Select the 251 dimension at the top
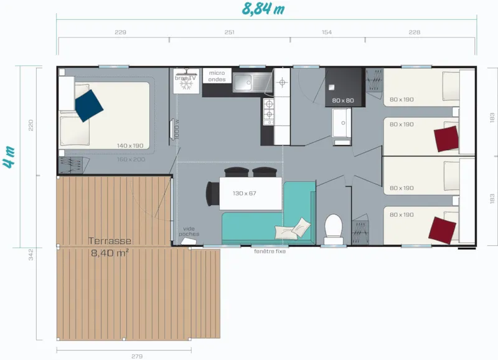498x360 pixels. [x=229, y=32]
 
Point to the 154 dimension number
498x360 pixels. [x=327, y=32]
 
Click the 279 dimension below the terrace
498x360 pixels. [x=136, y=356]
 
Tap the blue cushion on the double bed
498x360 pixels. [x=89, y=105]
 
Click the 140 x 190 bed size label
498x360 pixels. [x=129, y=146]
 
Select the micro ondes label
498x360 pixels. [x=217, y=76]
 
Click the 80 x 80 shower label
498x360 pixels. [x=342, y=100]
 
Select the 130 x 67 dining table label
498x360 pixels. [x=244, y=193]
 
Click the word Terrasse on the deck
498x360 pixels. [x=110, y=241]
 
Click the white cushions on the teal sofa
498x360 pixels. [x=296, y=227]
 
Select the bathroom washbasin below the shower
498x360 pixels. [x=342, y=125]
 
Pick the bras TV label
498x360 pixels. [x=185, y=78]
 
